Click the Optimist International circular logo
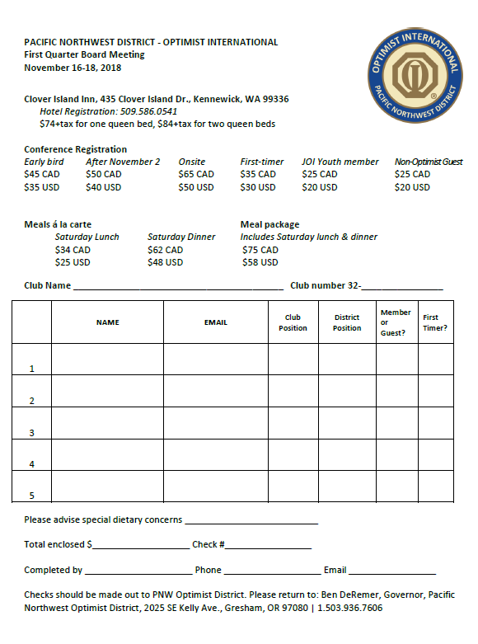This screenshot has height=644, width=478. (416, 75)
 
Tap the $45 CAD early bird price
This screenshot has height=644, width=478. (41, 174)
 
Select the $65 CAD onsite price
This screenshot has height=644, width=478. (196, 174)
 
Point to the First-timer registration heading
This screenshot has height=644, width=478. (262, 162)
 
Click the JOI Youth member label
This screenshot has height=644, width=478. (340, 162)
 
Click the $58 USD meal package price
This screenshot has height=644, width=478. (260, 262)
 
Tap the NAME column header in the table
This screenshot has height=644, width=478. (107, 322)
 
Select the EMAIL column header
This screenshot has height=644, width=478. (216, 322)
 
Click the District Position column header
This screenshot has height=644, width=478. (347, 322)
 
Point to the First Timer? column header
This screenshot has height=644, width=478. (434, 322)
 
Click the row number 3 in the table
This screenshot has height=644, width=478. (32, 432)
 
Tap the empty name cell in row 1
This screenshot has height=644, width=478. (107, 359)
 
